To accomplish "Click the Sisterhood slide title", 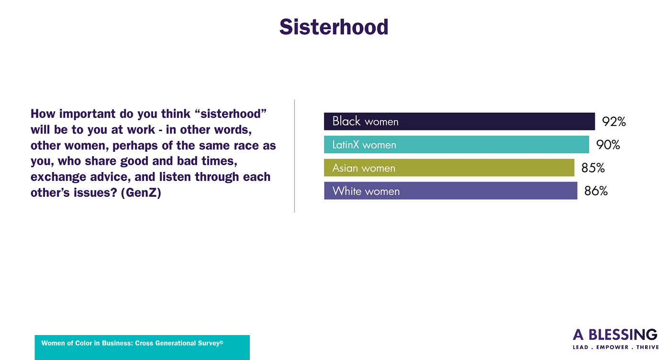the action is click(x=334, y=27).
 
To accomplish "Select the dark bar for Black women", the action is click(x=459, y=121).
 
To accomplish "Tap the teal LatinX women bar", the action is click(x=457, y=145).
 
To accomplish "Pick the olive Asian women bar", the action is click(x=449, y=168).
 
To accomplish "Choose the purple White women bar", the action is click(x=450, y=191).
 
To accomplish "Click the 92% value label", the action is click(x=614, y=122).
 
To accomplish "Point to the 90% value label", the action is click(x=608, y=145).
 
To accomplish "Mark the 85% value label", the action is click(x=593, y=168).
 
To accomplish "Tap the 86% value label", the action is click(x=596, y=191).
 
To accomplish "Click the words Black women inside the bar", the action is click(x=365, y=121).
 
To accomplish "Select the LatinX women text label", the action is click(x=364, y=145).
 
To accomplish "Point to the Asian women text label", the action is click(x=364, y=168).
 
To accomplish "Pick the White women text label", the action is click(x=366, y=191).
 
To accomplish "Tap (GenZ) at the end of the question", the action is click(x=141, y=192).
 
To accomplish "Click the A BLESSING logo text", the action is click(x=615, y=335).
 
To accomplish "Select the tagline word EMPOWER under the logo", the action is click(x=612, y=348).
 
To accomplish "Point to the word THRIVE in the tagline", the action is click(x=647, y=348).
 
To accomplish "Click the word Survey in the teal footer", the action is click(x=210, y=343).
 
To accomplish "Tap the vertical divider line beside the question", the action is click(x=295, y=156).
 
